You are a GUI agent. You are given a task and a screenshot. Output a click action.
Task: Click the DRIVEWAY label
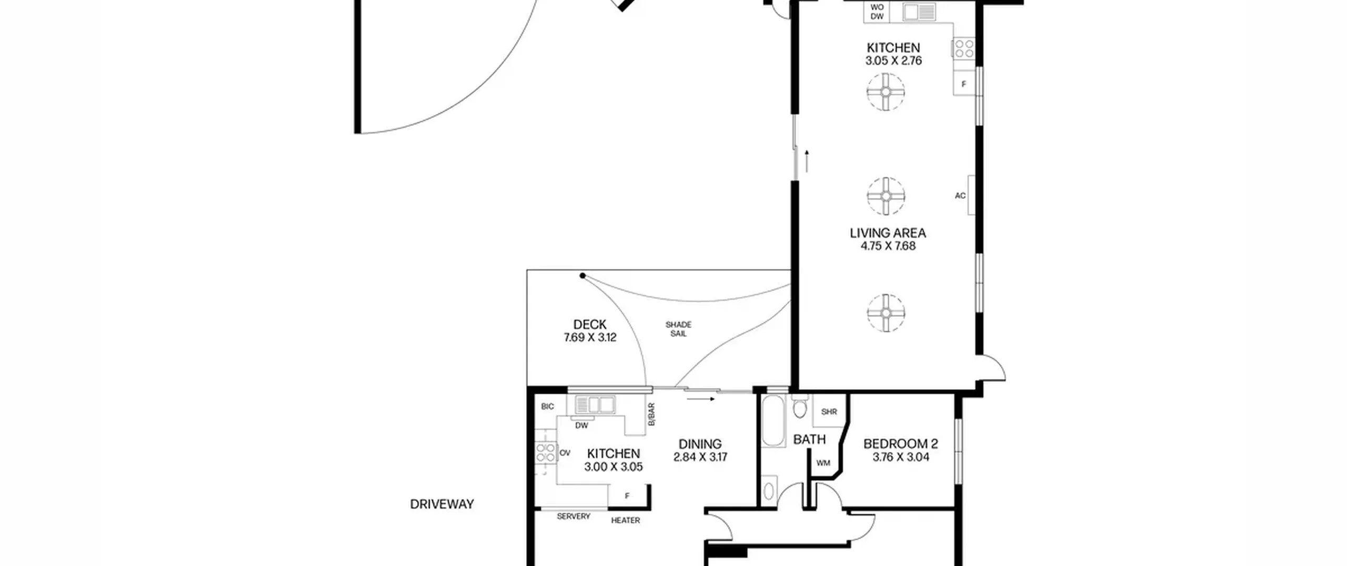[x=442, y=504]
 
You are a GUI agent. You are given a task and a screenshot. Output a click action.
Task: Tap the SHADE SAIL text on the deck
[x=678, y=329]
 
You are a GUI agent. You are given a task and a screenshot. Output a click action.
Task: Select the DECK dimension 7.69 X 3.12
[x=590, y=337]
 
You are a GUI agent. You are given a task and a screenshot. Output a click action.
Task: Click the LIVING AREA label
[x=888, y=233]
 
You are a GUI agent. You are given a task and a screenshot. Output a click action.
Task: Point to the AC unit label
[x=960, y=196]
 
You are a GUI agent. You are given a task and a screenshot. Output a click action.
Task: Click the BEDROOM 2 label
[x=901, y=444]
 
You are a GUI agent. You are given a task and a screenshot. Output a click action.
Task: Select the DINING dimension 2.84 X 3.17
[x=700, y=457]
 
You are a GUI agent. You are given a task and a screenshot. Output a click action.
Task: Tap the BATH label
[x=809, y=439]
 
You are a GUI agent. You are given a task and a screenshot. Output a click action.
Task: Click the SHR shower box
[x=829, y=411]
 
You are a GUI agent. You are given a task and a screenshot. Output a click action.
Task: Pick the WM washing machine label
[x=823, y=463]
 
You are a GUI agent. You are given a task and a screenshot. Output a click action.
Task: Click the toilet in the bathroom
[x=800, y=406]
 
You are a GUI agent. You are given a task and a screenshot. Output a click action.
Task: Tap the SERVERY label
[x=574, y=517]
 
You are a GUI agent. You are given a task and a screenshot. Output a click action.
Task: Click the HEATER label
[x=626, y=520]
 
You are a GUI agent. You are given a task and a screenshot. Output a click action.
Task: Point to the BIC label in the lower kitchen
[x=548, y=406]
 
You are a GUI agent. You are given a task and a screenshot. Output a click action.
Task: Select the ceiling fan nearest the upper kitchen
[x=886, y=92]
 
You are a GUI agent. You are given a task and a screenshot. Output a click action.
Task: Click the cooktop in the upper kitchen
[x=964, y=49]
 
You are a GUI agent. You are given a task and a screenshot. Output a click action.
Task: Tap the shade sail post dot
[x=582, y=275]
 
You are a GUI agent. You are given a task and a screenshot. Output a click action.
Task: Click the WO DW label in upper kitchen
[x=877, y=12]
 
